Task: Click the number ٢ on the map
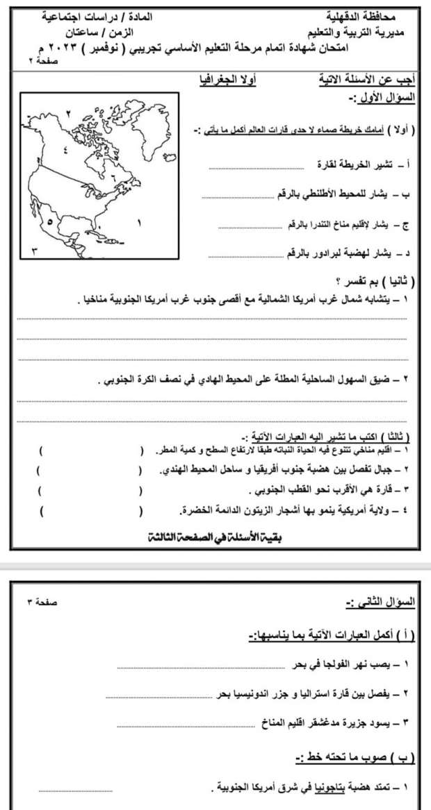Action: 68,113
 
